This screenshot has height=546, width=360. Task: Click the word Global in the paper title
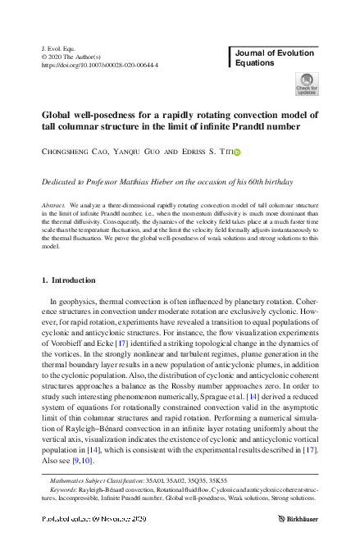[x=58, y=115]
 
